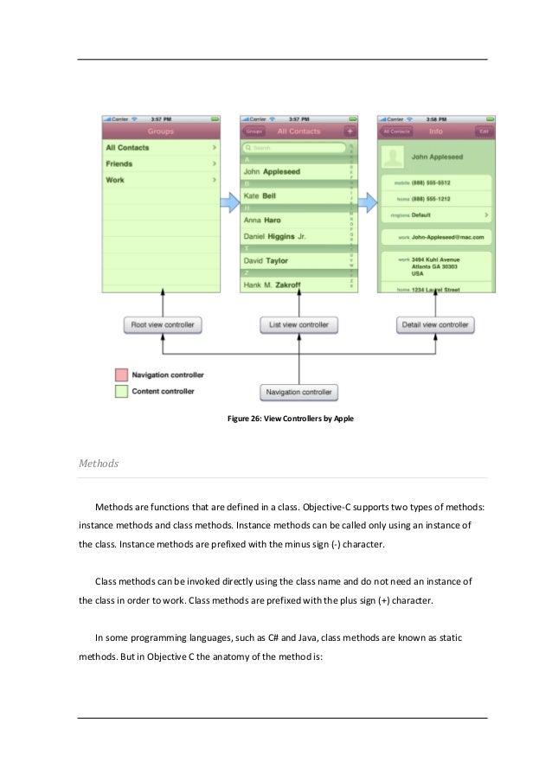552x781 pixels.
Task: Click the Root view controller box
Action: pos(163,325)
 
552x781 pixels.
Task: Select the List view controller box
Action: pos(298,325)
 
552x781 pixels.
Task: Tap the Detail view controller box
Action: pos(434,325)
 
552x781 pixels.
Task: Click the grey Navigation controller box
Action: pos(298,392)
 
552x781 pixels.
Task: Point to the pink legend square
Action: pos(121,375)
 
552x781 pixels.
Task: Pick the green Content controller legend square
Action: pos(121,392)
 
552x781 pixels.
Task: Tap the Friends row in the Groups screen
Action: pos(160,163)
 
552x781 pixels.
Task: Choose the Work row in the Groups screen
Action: pos(160,180)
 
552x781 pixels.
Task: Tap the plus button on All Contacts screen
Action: pos(350,131)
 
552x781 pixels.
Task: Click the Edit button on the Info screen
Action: pos(485,131)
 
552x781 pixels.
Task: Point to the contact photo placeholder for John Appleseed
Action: pos(395,157)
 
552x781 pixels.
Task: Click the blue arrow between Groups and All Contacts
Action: pos(228,202)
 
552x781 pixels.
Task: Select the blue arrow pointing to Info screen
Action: pos(368,202)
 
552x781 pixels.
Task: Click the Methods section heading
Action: pos(99,464)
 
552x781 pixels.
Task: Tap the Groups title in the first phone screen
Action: pos(160,131)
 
